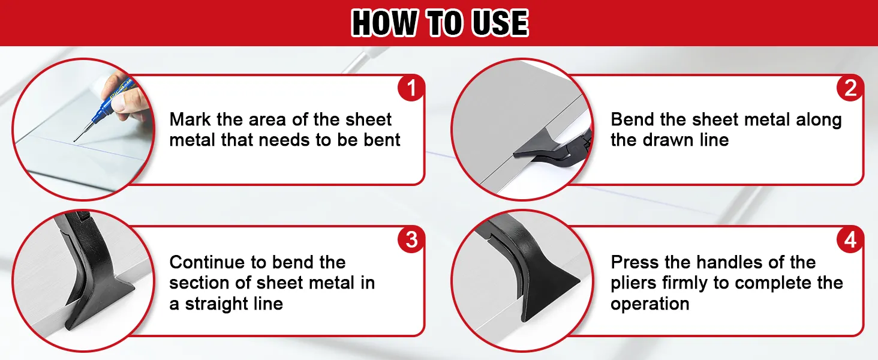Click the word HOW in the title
(x=384, y=23)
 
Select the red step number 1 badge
(x=411, y=88)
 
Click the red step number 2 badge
(x=850, y=88)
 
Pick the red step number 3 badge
(x=411, y=239)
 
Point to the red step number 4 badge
(x=850, y=239)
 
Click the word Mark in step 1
(x=190, y=119)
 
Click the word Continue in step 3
(x=209, y=262)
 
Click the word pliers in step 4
(x=633, y=283)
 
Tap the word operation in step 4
(x=650, y=304)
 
